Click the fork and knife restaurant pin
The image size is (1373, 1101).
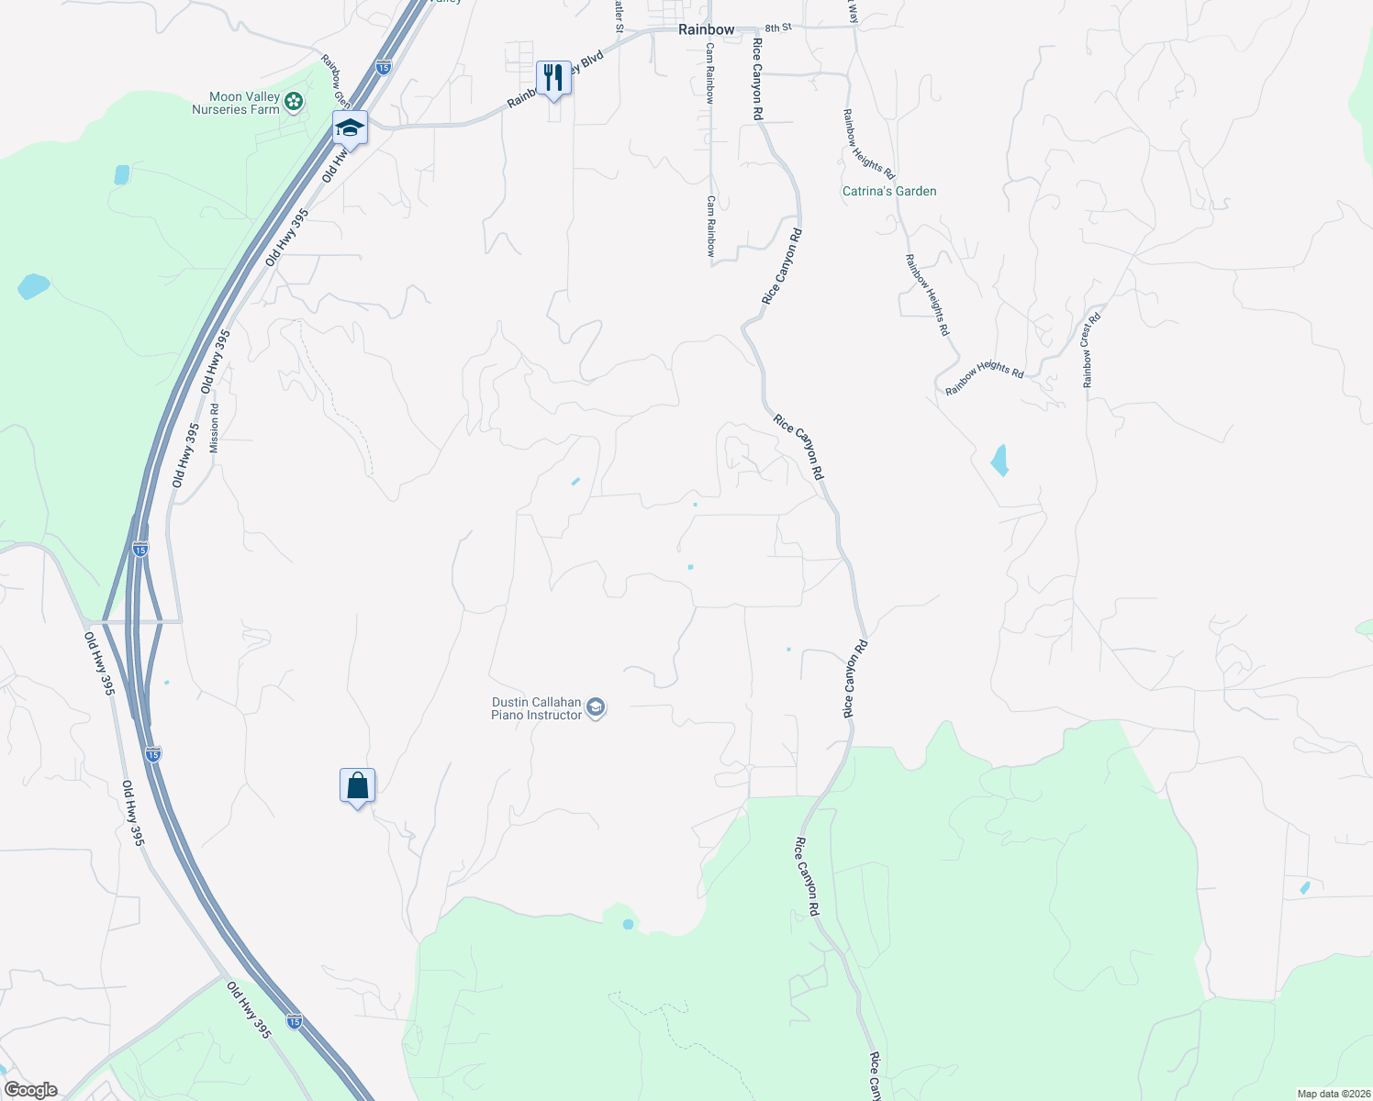[x=553, y=77]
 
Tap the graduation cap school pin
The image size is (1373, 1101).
[x=350, y=128]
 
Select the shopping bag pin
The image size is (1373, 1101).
[x=357, y=786]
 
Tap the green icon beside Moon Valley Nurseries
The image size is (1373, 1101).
[x=294, y=101]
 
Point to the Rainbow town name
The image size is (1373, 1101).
[x=706, y=29]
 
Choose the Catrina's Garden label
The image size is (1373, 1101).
[x=889, y=191]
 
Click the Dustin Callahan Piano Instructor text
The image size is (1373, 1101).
[x=537, y=708]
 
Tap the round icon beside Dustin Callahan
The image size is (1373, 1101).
[x=596, y=707]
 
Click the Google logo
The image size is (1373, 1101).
[x=30, y=1090]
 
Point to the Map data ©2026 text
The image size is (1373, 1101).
[x=1332, y=1094]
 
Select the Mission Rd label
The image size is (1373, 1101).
[x=215, y=428]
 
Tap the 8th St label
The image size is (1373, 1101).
[x=777, y=28]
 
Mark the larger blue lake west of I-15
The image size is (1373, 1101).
[x=33, y=286]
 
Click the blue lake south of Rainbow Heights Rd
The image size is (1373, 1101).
[x=999, y=460]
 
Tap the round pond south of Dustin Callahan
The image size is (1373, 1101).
[x=628, y=924]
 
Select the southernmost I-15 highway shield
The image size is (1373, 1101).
[x=294, y=1020]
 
